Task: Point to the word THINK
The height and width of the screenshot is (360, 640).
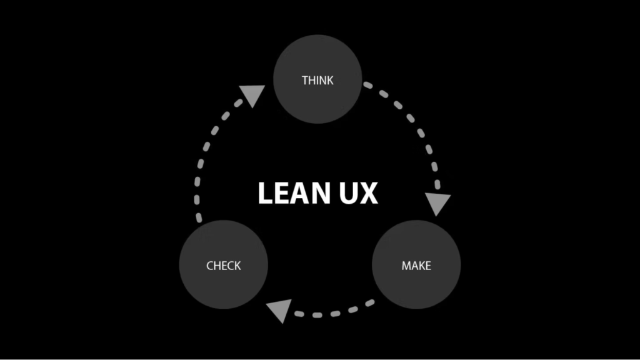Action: [x=317, y=80]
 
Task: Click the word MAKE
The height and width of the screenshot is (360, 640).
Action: [x=416, y=266]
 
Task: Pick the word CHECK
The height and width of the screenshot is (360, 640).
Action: [x=223, y=266]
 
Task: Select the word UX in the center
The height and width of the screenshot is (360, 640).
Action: [x=359, y=194]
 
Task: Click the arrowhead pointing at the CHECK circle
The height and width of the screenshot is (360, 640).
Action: [x=279, y=309]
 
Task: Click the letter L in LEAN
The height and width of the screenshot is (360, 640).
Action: [x=265, y=194]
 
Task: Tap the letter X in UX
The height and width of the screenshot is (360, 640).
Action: [x=369, y=194]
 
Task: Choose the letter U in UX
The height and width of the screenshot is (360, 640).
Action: [x=349, y=194]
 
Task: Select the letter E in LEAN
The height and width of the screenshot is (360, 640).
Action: [x=282, y=194]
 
